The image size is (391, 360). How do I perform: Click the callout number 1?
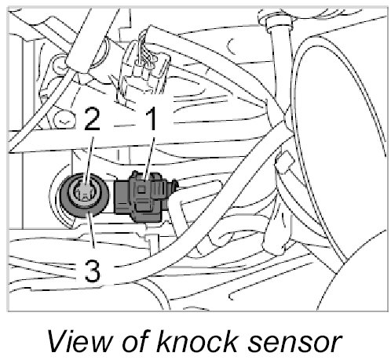(x=152, y=119)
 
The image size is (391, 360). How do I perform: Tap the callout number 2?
(x=92, y=119)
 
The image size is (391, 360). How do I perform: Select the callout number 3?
(x=93, y=271)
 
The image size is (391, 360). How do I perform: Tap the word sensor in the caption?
(x=294, y=344)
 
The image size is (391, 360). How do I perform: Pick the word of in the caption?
(x=136, y=340)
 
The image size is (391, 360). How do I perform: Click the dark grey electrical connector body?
(x=144, y=197)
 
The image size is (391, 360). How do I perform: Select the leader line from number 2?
(x=88, y=161)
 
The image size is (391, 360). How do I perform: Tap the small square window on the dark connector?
(x=141, y=189)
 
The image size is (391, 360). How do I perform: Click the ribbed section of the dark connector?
(x=159, y=189)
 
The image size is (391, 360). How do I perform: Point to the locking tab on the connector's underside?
(x=144, y=205)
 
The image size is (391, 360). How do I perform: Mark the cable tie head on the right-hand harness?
(x=285, y=162)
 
